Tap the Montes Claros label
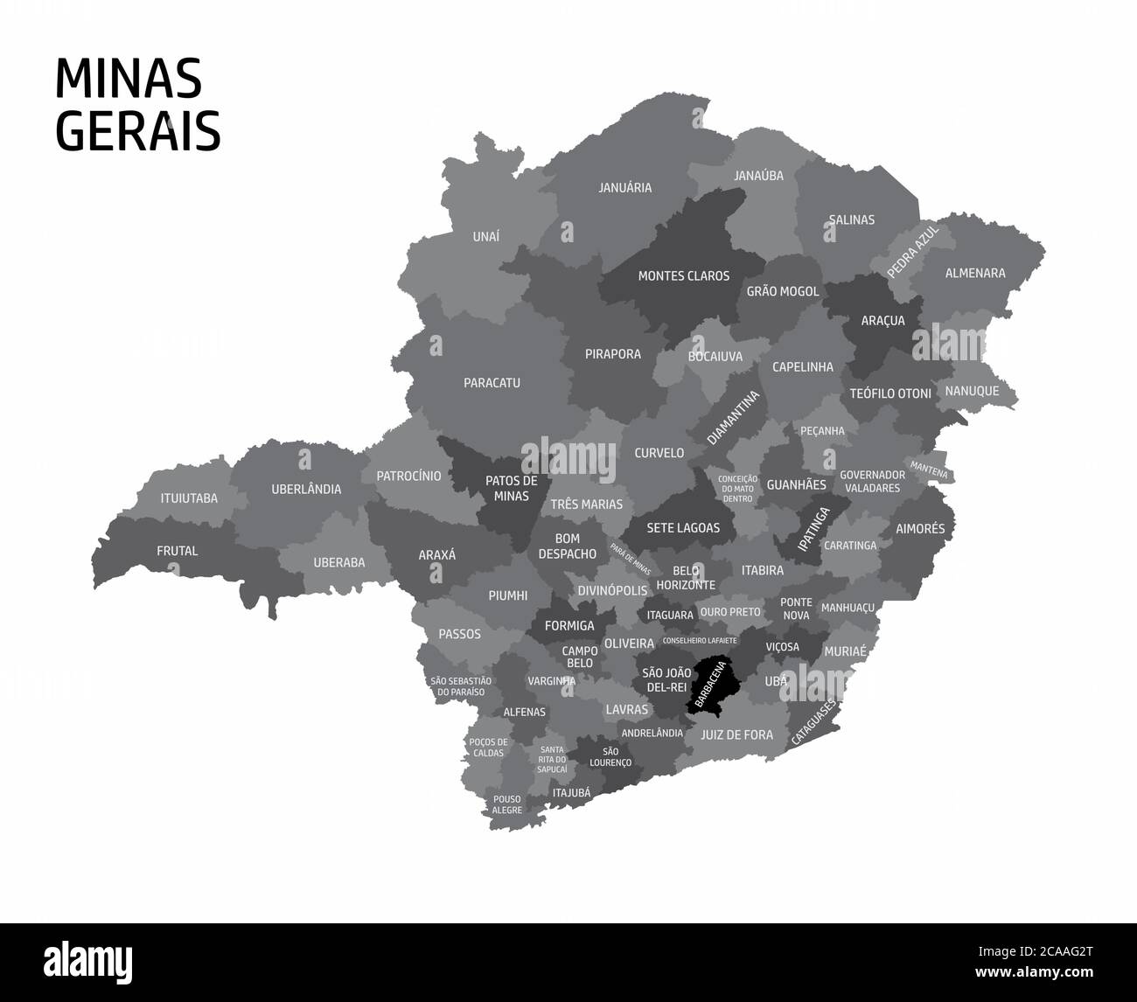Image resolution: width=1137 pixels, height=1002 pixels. [x=683, y=276]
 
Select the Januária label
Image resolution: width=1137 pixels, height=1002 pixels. [x=624, y=188]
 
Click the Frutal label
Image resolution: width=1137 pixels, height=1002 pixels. [x=177, y=551]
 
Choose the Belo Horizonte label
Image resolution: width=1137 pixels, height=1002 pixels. [x=686, y=578]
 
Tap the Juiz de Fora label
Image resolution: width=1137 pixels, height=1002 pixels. [x=736, y=735]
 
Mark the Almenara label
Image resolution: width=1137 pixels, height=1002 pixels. [x=975, y=273]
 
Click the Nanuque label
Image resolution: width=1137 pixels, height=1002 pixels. [x=972, y=391]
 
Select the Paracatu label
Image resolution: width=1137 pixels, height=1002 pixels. [x=492, y=383]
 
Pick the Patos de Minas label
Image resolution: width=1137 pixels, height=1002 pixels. [x=512, y=488]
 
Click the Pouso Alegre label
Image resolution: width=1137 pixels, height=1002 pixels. [x=507, y=804]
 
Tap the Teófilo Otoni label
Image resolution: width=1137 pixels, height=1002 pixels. [x=890, y=393]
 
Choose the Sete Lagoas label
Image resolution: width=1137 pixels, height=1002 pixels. [x=683, y=528]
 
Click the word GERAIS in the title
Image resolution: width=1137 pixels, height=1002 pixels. [x=137, y=131]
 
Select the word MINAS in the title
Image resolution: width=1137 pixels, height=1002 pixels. [x=128, y=80]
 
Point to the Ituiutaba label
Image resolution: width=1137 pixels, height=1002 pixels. [x=189, y=499]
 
